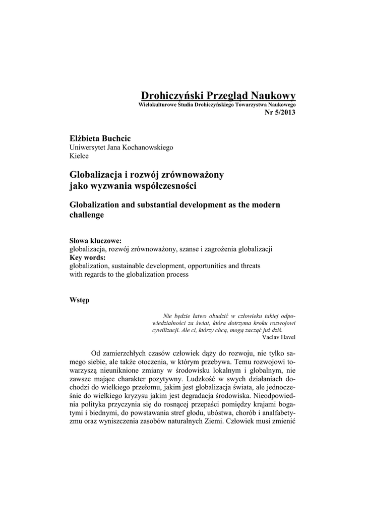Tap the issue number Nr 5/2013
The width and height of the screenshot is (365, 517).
(280, 112)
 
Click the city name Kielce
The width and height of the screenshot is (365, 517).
(79, 156)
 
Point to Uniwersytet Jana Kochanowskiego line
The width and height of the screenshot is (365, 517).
(120, 147)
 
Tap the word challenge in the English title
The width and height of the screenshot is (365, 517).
(86, 215)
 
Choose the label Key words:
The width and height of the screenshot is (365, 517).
(87, 257)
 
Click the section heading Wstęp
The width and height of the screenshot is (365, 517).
(79, 300)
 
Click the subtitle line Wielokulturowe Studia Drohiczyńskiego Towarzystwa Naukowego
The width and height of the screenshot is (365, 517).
(217, 104)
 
